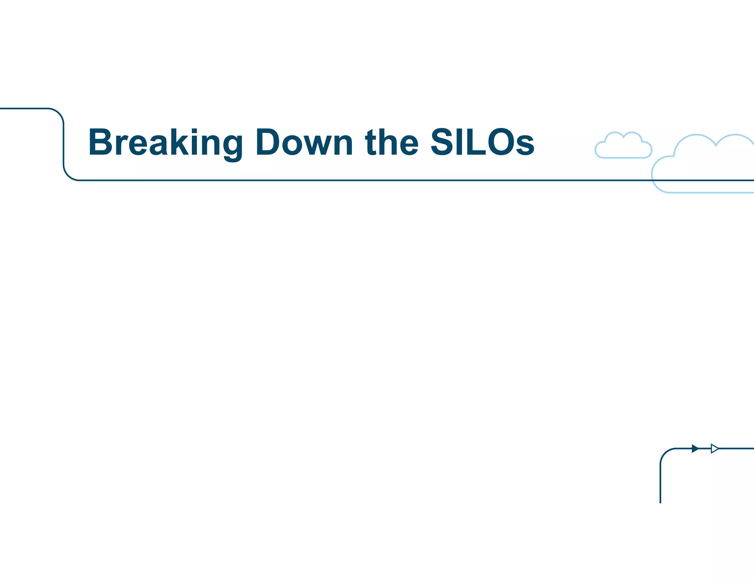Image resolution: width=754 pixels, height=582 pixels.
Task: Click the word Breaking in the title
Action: point(165,143)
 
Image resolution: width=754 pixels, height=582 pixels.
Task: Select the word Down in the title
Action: point(304,142)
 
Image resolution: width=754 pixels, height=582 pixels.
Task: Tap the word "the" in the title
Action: point(391,142)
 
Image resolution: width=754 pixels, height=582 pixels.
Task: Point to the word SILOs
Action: point(482,142)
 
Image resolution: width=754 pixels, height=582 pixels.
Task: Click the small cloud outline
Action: point(623,146)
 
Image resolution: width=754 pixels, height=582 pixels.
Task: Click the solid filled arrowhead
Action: point(695,448)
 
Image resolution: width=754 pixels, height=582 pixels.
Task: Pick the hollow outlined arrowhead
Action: point(714,448)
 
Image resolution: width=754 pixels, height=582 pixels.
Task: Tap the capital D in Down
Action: point(268,142)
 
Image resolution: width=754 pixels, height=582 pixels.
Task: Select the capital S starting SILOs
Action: point(442,142)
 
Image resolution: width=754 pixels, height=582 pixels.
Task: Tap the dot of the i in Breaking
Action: point(195,131)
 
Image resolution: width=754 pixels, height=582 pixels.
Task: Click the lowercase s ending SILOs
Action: point(525,145)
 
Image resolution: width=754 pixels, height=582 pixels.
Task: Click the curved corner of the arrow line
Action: point(665,453)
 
